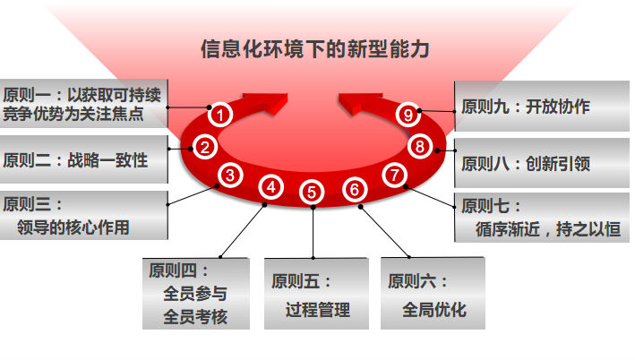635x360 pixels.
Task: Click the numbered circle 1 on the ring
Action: pos(220,115)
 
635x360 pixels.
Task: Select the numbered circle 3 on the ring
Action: pos(230,176)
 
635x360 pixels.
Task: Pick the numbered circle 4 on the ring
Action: pos(271,187)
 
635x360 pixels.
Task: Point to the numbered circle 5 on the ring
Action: pos(311,191)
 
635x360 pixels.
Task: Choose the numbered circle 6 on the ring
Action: pos(356,189)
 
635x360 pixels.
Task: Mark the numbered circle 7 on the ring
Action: pos(394,175)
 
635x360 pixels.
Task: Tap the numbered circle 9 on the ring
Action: pos(408,114)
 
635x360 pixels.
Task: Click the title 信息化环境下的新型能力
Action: pos(315,48)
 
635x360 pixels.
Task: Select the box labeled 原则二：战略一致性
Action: pos(83,161)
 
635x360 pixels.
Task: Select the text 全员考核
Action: pos(195,316)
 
